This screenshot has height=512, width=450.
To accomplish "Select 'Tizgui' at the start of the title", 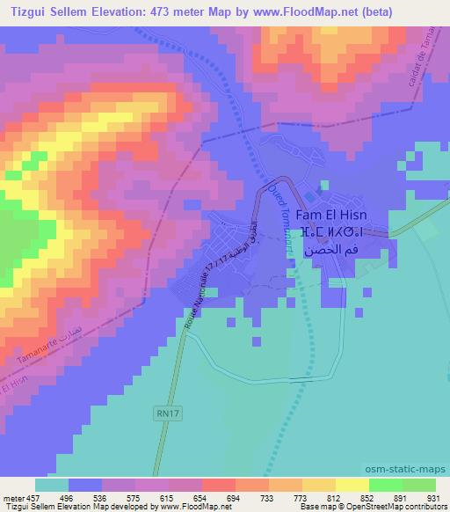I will coord(26,10).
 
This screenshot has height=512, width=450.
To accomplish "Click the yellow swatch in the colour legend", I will coord(352,485).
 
